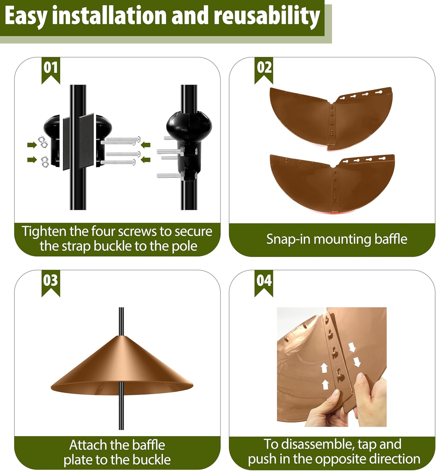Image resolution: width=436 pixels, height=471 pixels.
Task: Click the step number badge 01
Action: tap(51, 68)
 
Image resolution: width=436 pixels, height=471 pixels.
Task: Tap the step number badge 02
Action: tap(264, 68)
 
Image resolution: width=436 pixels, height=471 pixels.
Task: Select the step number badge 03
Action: tap(51, 280)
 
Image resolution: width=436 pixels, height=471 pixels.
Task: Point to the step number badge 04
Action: tap(264, 280)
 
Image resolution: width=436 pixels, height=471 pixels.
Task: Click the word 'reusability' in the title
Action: tap(267, 16)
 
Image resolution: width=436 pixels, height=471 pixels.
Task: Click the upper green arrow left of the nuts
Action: tap(32, 145)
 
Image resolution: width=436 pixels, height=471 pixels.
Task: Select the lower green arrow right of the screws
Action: tap(146, 160)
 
